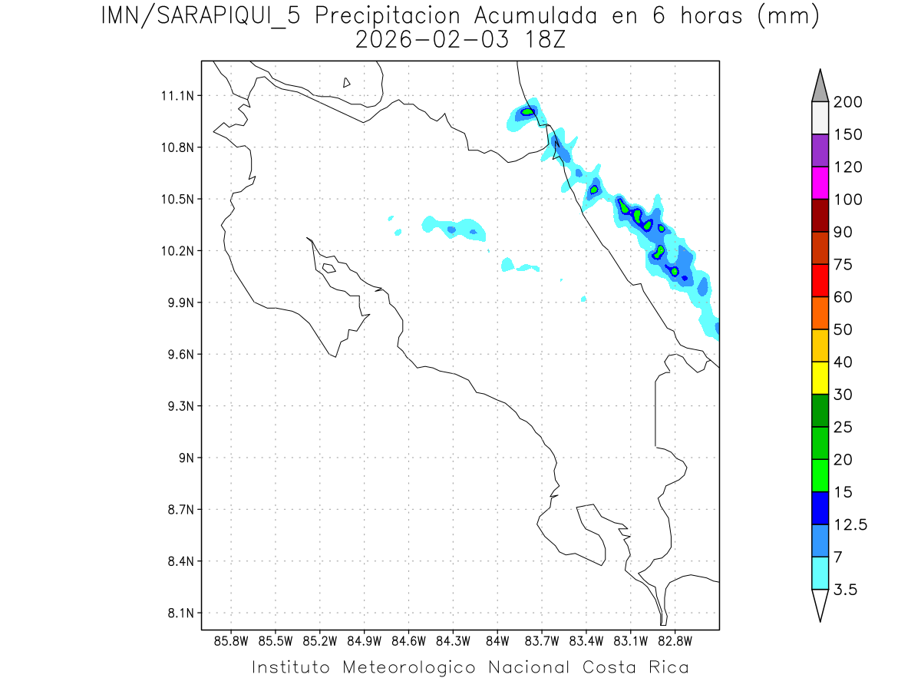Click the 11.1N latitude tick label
178,96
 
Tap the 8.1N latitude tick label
178,613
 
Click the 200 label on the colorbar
849,102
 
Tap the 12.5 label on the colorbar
851,525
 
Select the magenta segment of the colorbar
820,183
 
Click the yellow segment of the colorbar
820,378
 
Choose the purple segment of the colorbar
820,151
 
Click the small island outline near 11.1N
347,82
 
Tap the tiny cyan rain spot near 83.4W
584,299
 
